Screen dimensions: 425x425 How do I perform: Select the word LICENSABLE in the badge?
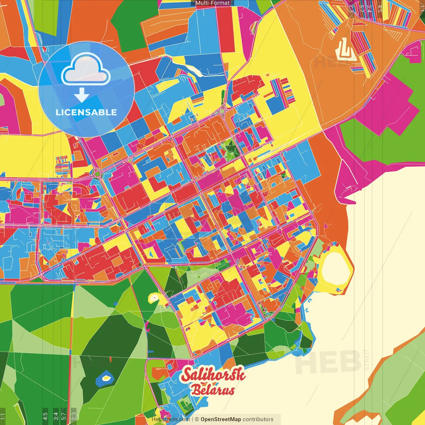(x=86, y=112)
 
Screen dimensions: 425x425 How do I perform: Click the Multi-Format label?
(x=212, y=3)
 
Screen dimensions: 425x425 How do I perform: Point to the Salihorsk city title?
(x=213, y=375)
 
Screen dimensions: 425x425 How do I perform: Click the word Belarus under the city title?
(x=212, y=390)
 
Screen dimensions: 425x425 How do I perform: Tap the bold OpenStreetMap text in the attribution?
(x=221, y=419)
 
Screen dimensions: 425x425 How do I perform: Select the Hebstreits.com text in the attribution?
(x=171, y=419)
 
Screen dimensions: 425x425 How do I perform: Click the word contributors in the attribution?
(x=258, y=419)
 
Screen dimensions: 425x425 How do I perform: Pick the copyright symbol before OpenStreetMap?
(x=197, y=419)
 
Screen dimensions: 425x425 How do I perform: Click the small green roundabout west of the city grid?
(x=98, y=173)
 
